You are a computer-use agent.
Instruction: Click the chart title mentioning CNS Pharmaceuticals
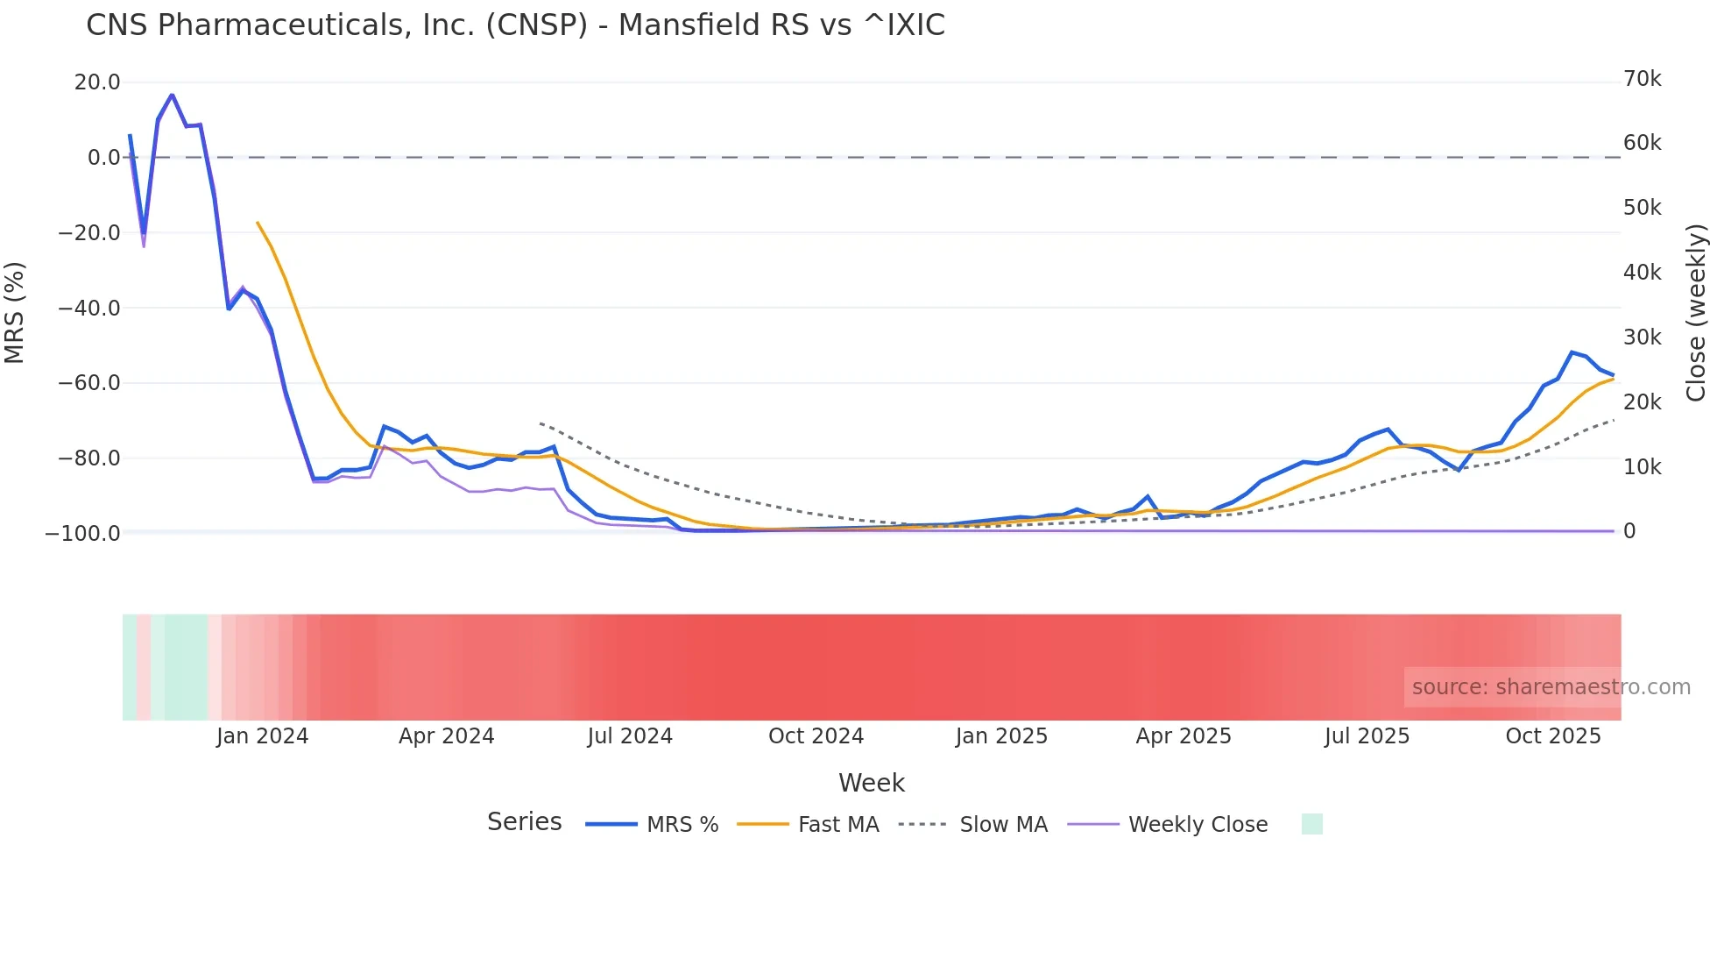[x=515, y=25]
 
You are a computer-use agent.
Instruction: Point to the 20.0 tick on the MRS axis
[x=97, y=82]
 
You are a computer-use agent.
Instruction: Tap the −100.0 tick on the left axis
[x=83, y=533]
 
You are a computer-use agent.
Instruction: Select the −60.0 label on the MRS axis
[x=89, y=383]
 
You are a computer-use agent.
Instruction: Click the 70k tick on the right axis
[x=1642, y=79]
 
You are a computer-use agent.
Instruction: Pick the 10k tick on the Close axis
[x=1642, y=467]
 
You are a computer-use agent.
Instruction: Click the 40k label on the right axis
[x=1642, y=273]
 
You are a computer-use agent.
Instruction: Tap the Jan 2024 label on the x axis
[x=262, y=736]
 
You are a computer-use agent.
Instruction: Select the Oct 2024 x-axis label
[x=816, y=736]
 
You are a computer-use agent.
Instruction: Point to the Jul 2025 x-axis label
[x=1367, y=736]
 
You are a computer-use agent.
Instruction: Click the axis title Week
[x=871, y=783]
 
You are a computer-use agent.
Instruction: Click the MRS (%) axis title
[x=15, y=312]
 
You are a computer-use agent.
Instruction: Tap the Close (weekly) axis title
[x=1696, y=313]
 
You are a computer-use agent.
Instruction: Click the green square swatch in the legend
[x=1311, y=824]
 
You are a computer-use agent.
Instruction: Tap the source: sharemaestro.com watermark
[x=1551, y=687]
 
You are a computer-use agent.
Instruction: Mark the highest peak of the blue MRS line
[x=172, y=95]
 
